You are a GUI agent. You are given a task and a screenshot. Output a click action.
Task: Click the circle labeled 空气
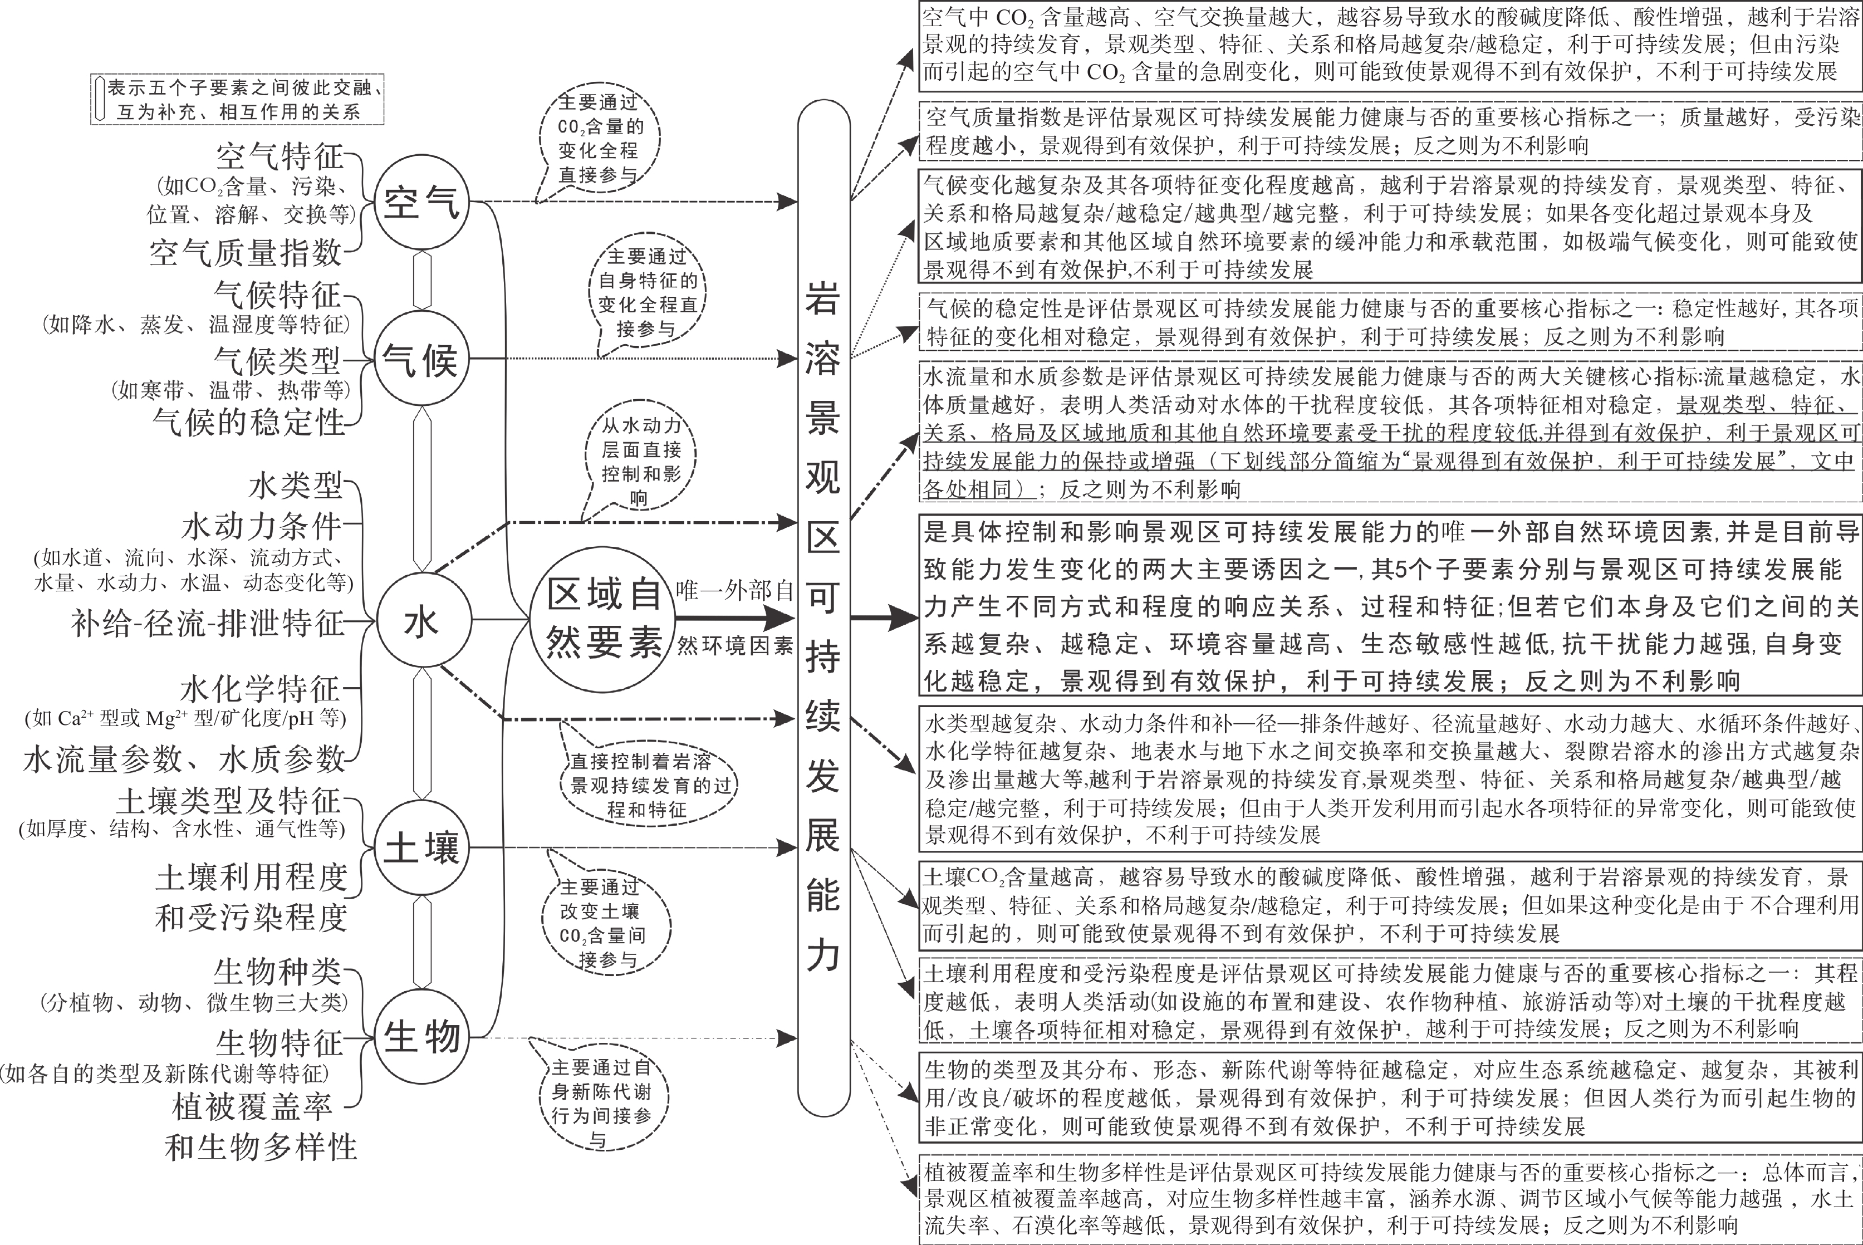[x=421, y=203]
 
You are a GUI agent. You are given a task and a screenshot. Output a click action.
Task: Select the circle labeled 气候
[x=421, y=360]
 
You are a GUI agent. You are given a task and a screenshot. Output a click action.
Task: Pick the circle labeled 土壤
[x=421, y=848]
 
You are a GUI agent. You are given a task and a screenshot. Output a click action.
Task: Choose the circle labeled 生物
[x=421, y=1036]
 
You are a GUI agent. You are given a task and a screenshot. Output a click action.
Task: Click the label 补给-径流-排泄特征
[x=208, y=623]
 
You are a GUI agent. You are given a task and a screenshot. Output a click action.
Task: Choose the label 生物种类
[x=278, y=971]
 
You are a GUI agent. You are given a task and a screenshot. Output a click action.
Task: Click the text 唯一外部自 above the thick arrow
[x=734, y=590]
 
